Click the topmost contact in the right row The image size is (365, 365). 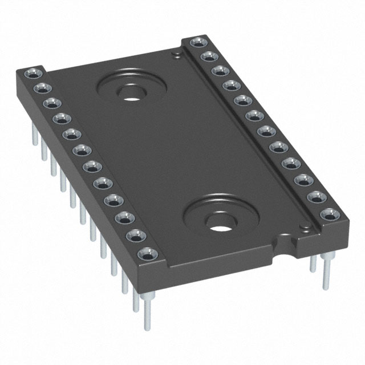point(197,42)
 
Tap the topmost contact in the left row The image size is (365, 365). point(30,74)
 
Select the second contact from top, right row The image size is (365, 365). point(208,56)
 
